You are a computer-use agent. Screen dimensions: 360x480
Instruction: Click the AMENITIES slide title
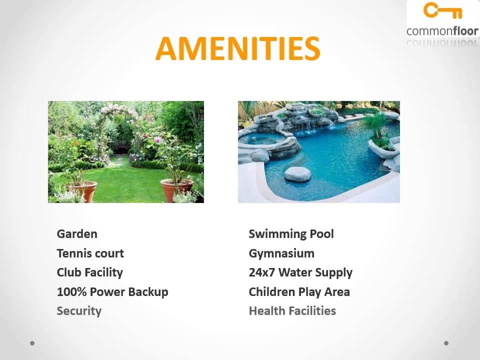pyautogui.click(x=237, y=48)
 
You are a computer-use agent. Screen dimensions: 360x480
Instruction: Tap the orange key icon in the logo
pyautogui.click(x=442, y=11)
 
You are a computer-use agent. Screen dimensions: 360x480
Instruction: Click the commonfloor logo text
pyautogui.click(x=442, y=31)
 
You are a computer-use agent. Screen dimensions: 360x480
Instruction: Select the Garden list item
pyautogui.click(x=77, y=233)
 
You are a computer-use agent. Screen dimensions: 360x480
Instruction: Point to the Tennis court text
pyautogui.click(x=90, y=253)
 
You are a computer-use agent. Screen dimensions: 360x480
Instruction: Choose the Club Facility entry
pyautogui.click(x=89, y=272)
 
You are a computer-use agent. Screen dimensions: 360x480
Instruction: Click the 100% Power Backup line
pyautogui.click(x=112, y=291)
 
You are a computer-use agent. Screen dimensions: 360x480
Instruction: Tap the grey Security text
pyautogui.click(x=79, y=310)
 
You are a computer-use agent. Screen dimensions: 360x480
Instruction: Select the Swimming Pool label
pyautogui.click(x=291, y=233)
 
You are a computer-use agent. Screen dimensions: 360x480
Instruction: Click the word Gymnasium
pyautogui.click(x=281, y=253)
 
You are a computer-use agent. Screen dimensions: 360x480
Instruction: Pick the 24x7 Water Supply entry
pyautogui.click(x=300, y=272)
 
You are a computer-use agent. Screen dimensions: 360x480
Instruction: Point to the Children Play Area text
pyautogui.click(x=299, y=291)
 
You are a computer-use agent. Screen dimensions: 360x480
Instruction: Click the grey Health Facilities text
pyautogui.click(x=292, y=310)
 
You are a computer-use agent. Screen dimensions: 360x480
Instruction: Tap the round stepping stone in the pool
pyautogui.click(x=297, y=174)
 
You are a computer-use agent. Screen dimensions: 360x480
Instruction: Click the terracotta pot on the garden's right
pyautogui.click(x=177, y=189)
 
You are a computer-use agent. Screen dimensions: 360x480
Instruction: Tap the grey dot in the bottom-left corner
pyautogui.click(x=32, y=343)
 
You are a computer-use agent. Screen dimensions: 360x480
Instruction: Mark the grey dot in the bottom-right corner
pyautogui.click(x=446, y=343)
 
